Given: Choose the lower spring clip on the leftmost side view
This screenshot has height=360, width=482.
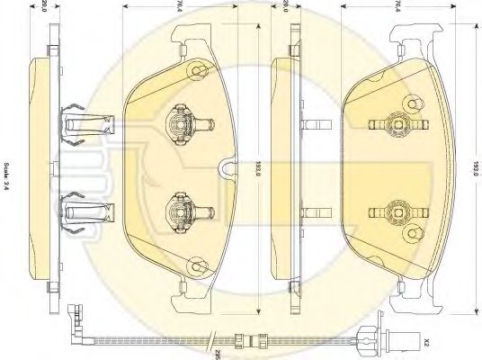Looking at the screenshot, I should coord(86,212).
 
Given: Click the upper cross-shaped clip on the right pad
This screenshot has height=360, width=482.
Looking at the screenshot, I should coord(393,122).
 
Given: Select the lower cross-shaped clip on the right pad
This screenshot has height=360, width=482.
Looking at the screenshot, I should coord(393,215).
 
